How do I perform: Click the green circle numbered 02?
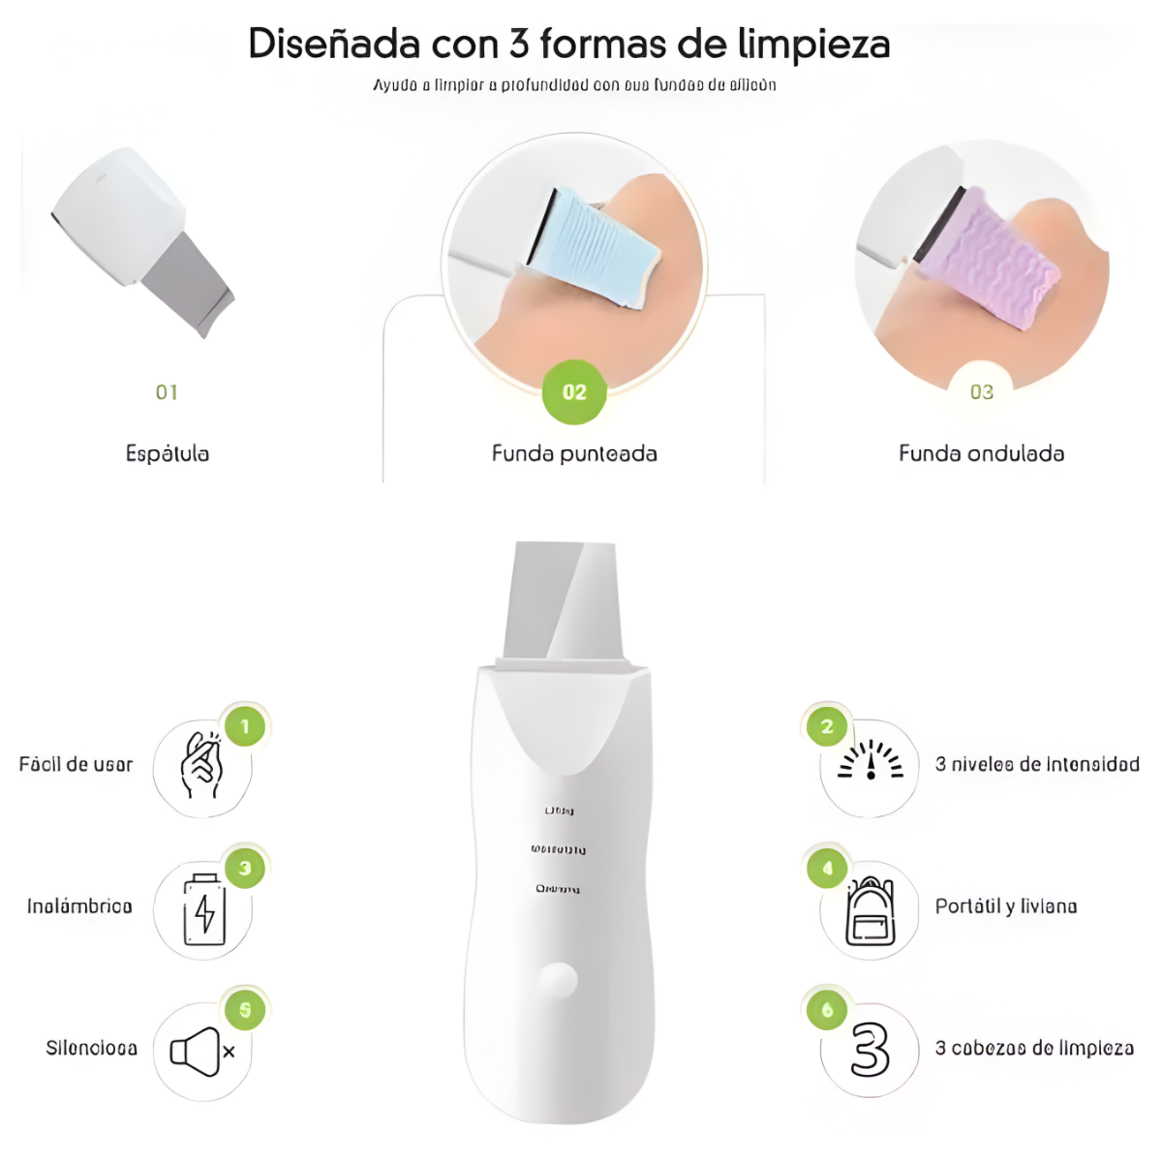coord(574,392)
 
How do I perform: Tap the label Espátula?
coord(168,453)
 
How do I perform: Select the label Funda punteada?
coord(574,453)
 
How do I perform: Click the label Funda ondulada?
coord(981,453)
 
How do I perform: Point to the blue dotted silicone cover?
coord(593,246)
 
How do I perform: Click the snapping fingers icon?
coord(201,767)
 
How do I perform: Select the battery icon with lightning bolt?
coord(204,909)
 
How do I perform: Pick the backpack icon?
coord(870,911)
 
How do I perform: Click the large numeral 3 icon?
coord(870,1051)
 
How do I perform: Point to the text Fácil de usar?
coord(76,764)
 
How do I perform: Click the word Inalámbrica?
coord(79,906)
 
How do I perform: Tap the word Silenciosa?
coord(91,1048)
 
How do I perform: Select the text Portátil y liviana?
coord(1005,906)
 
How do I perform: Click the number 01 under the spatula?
coord(167,392)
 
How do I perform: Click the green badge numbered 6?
coord(827,1010)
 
